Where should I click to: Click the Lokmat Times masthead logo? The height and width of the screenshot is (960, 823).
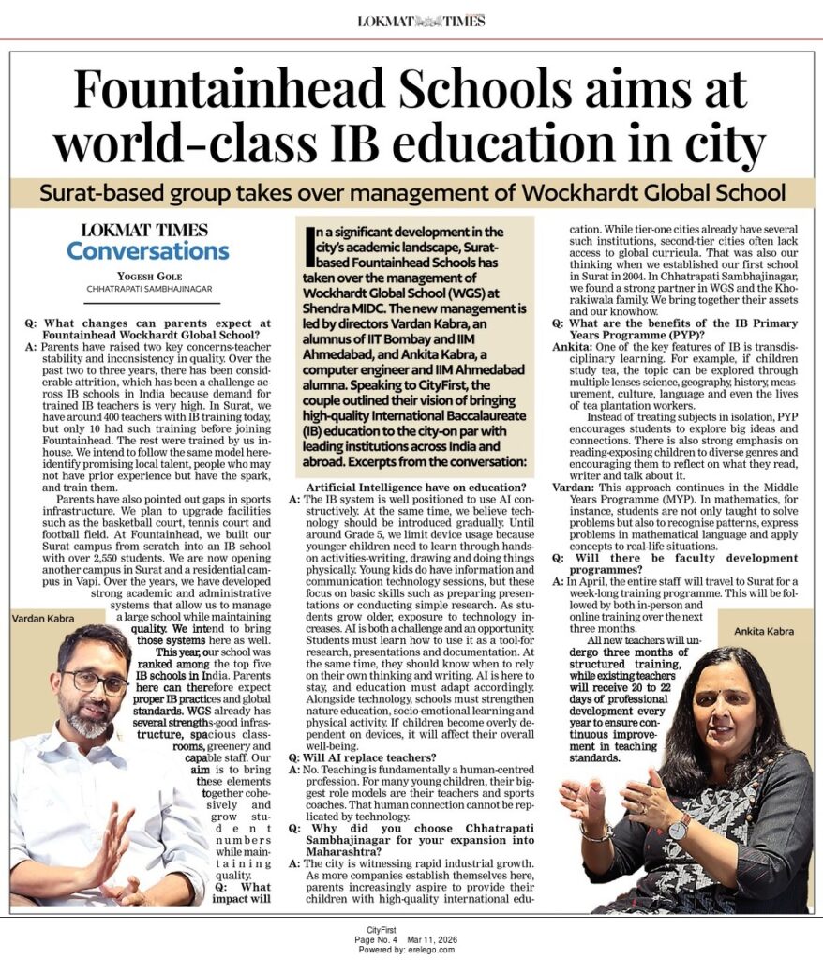[x=421, y=21]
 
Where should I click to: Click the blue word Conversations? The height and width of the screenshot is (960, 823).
[x=147, y=251]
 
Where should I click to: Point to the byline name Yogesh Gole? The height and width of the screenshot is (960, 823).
[x=147, y=277]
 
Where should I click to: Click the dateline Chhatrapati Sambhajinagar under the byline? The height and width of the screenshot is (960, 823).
[x=147, y=289]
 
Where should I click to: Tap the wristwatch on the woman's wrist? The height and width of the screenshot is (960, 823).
[x=678, y=827]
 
